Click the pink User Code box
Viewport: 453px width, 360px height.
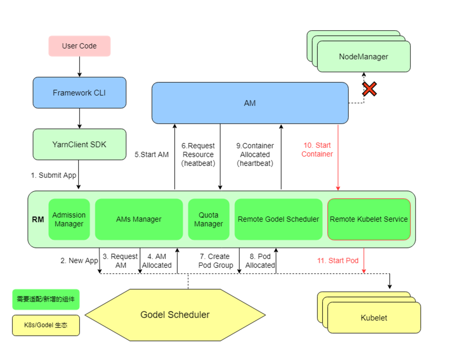point(79,46)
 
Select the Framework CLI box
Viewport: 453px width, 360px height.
point(79,93)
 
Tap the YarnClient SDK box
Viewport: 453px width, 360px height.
point(79,144)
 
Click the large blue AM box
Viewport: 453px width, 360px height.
point(250,103)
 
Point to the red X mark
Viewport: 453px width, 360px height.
point(369,89)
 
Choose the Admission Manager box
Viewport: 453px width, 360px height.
point(69,219)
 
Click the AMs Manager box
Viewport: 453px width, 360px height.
point(139,219)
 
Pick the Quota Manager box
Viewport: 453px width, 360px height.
point(208,219)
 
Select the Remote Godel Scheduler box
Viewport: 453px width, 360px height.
point(279,219)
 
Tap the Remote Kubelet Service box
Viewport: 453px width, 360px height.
point(369,219)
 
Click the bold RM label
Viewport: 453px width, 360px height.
point(38,219)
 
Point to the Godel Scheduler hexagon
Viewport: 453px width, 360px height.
point(175,315)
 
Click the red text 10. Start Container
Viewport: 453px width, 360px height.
point(317,150)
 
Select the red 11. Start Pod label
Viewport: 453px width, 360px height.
point(338,261)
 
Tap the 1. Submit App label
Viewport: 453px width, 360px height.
point(53,175)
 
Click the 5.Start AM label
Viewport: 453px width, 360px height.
point(151,154)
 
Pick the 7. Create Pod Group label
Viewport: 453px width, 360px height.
point(216,261)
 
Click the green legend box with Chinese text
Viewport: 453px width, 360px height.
point(46,299)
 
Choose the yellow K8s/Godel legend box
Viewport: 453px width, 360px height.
point(46,326)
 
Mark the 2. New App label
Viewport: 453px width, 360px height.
point(79,261)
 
